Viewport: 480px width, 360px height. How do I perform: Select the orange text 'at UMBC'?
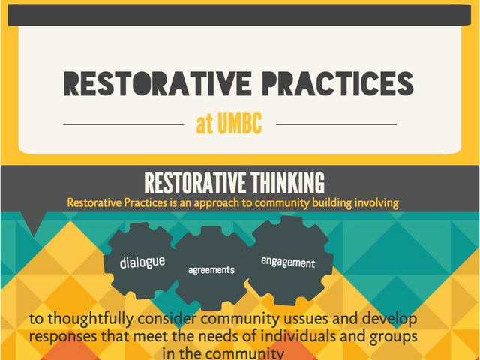[x=229, y=124]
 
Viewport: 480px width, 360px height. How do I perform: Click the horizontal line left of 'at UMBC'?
[x=124, y=124]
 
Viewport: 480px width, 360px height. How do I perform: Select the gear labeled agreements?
[x=211, y=269]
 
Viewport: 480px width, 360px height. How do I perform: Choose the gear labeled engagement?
[x=288, y=262]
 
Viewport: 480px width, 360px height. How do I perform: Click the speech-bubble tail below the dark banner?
[x=34, y=223]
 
